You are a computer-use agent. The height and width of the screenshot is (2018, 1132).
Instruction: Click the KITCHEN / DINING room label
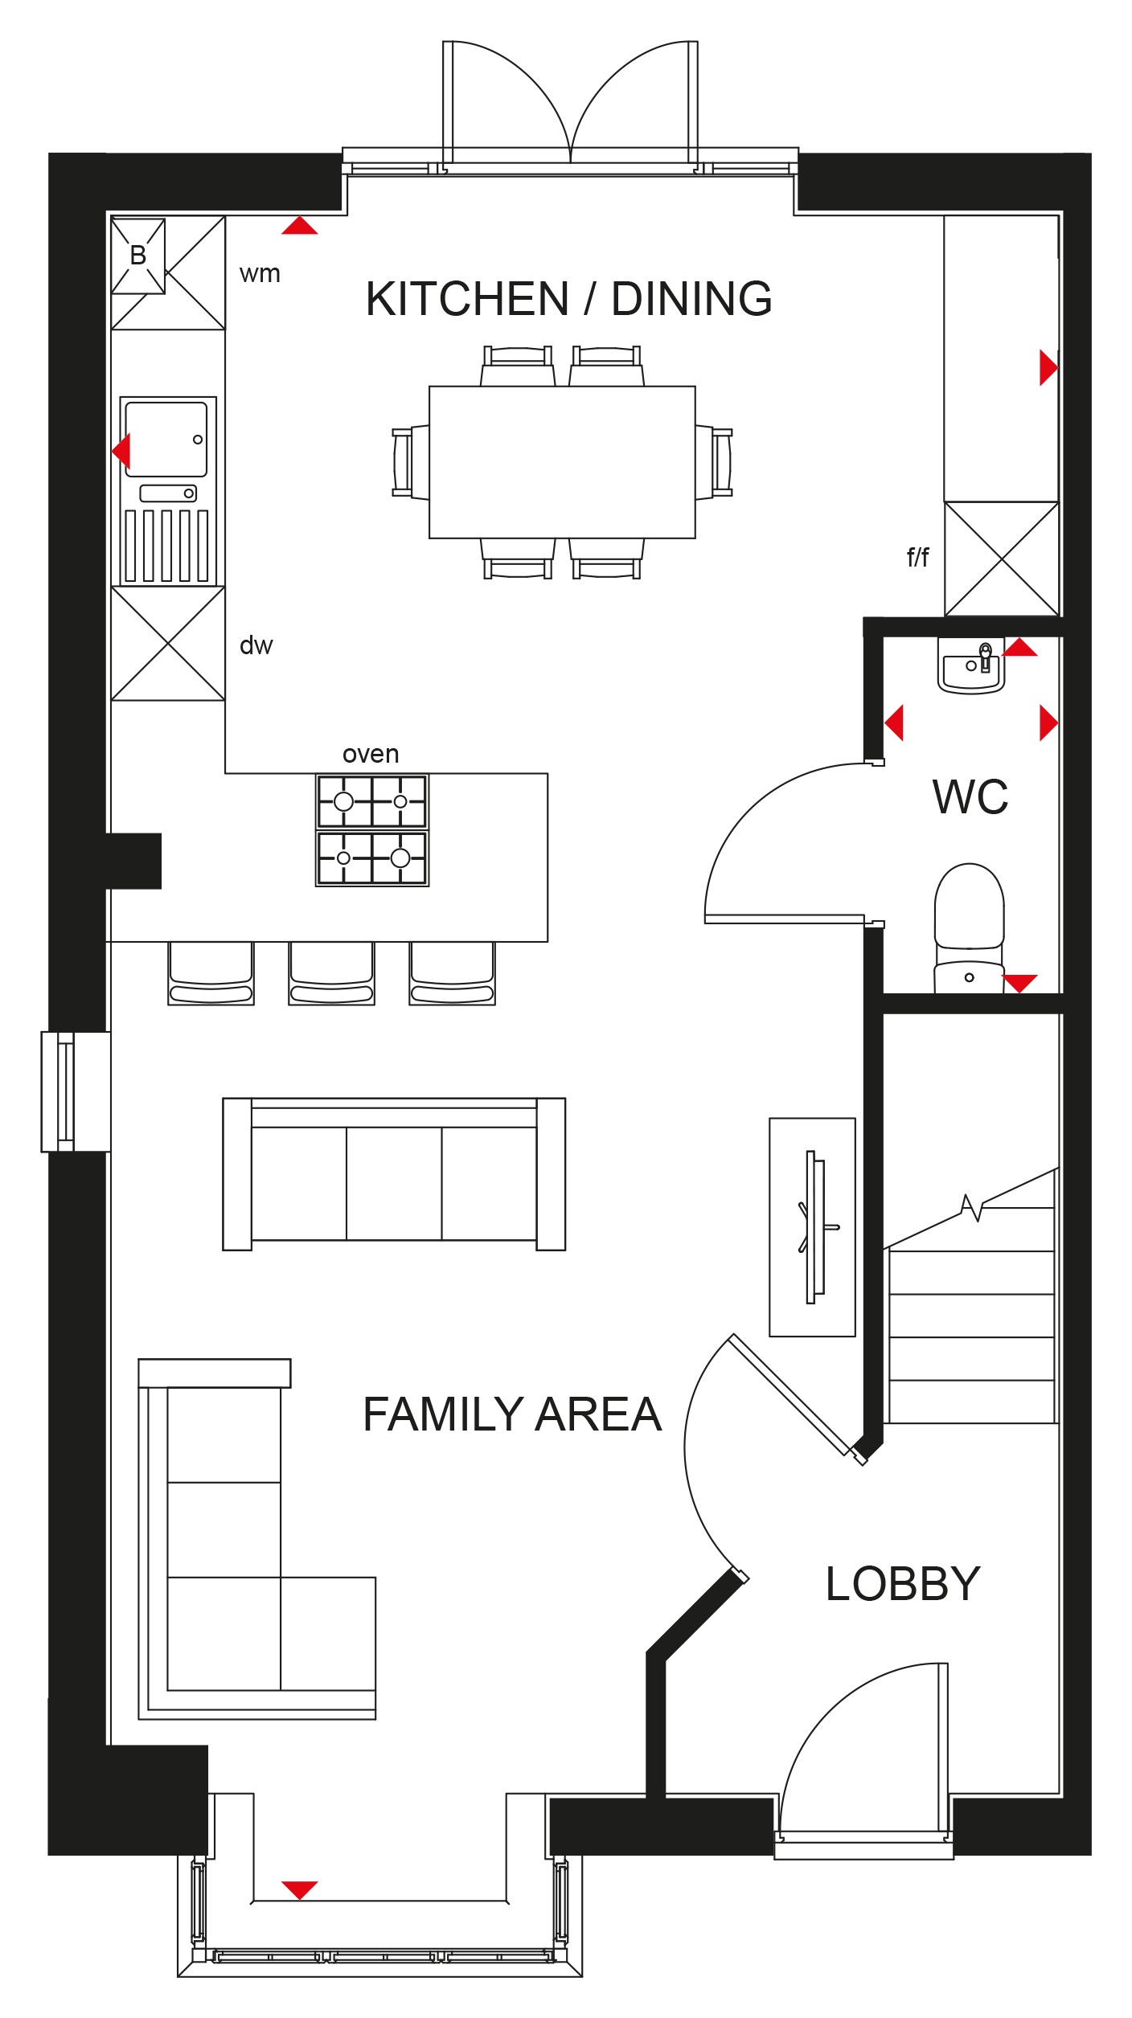pos(568,299)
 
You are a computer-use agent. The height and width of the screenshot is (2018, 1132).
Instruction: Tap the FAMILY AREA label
pos(512,1414)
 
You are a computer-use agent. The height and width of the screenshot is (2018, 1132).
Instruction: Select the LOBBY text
pos(903,1584)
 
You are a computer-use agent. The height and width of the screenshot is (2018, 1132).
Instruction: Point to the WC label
pos(970,797)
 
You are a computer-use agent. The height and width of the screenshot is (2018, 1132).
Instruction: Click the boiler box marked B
pos(138,256)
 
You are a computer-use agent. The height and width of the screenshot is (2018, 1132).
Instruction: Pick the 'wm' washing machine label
pos(260,274)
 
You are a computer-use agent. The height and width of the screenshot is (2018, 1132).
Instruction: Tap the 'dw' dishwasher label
pos(256,645)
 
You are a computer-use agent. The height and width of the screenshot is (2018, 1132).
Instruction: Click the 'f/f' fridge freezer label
pos(917,556)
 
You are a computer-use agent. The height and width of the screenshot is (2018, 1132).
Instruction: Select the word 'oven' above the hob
pos(371,754)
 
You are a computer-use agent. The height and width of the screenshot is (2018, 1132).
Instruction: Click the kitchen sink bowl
pos(166,440)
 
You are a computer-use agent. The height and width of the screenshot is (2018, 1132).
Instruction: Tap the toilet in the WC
pos(969,927)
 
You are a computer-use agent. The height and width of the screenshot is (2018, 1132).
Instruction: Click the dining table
pos(562,462)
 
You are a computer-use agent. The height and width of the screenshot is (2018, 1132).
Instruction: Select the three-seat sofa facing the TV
pos(394,1174)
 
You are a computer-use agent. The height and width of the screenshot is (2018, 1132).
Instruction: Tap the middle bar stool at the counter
pos(331,973)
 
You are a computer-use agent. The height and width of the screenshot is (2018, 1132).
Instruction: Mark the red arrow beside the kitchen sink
pos(121,450)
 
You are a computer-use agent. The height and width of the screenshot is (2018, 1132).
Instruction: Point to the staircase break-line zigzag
pos(972,1207)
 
